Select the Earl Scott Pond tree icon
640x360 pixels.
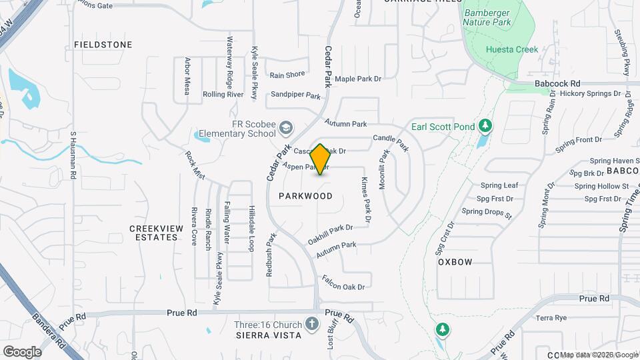tap(486, 125)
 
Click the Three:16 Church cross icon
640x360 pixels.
tap(311, 325)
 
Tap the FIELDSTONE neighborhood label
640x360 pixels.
tap(103, 45)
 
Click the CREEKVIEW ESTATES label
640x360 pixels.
tap(156, 233)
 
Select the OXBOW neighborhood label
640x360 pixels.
tap(455, 262)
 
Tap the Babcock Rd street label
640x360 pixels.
tap(558, 83)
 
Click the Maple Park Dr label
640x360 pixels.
tap(357, 79)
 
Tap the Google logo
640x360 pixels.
tap(22, 351)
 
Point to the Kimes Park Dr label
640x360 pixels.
tap(366, 199)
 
